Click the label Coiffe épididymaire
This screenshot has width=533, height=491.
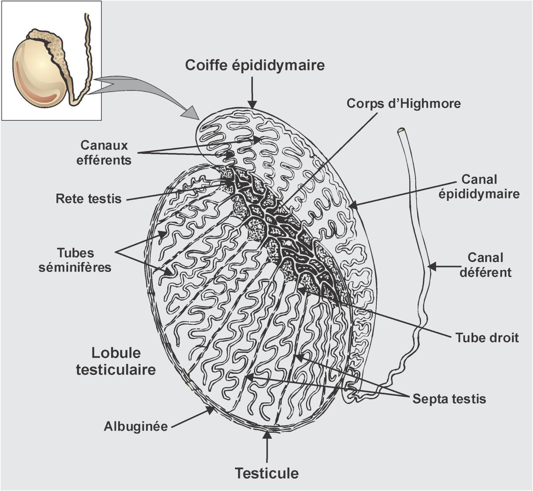point(255,65)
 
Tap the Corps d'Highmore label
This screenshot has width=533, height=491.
point(403,103)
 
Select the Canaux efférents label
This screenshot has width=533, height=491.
point(104,152)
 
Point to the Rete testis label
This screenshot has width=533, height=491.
point(88,198)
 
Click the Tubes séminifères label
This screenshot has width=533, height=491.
point(75,260)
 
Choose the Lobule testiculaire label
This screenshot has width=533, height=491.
point(116,361)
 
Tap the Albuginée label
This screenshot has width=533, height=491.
point(136,427)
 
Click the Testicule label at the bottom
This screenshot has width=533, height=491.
point(267,473)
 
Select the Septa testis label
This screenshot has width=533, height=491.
point(449,399)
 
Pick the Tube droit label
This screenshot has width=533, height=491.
point(487,338)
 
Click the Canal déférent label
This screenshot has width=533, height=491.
point(485,264)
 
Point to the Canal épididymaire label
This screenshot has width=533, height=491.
point(479,186)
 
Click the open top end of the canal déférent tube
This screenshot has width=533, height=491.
point(401,131)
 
